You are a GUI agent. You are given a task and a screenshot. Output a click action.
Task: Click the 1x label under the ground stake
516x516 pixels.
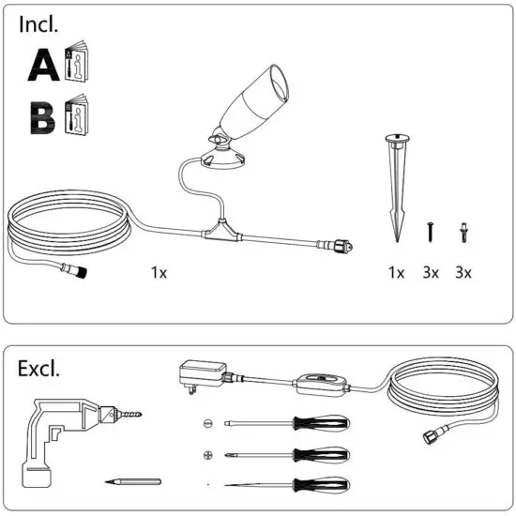(x=396, y=272)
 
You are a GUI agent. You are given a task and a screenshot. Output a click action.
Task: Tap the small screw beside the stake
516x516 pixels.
(x=431, y=228)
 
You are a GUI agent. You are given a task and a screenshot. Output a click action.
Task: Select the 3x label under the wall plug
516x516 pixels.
(x=463, y=272)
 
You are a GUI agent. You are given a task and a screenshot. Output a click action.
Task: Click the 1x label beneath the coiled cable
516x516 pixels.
(x=159, y=272)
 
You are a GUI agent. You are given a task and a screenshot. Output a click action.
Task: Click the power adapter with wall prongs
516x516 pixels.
(x=198, y=374)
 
